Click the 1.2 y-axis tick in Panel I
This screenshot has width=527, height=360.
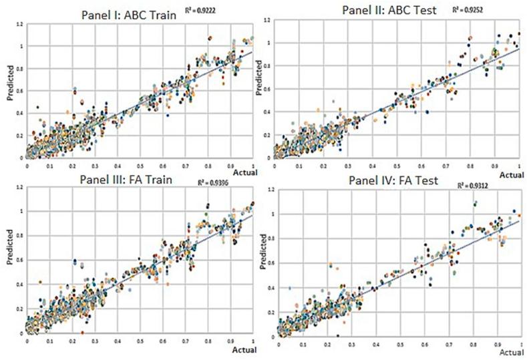[x=21, y=23]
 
